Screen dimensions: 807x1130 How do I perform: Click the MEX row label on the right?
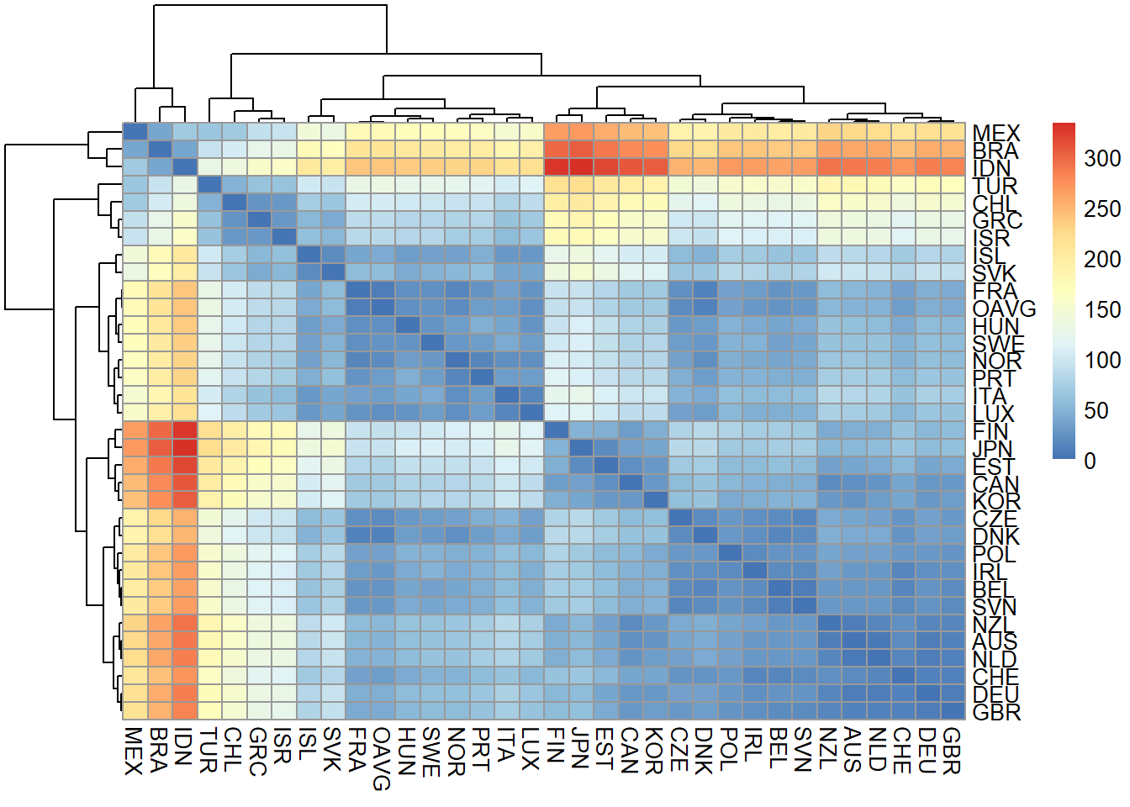pos(995,133)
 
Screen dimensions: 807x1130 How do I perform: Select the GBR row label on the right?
pos(996,712)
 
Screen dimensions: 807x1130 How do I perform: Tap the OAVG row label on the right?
pos(1004,309)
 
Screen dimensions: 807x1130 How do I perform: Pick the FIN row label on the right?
pos(990,430)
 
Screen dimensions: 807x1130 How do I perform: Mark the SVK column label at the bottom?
pos(332,750)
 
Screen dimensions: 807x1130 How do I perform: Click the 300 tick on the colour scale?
pos(1102,158)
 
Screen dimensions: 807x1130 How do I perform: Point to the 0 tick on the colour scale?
pos(1090,461)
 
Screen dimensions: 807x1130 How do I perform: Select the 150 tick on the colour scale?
pos(1102,309)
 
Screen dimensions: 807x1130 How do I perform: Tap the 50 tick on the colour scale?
pos(1096,410)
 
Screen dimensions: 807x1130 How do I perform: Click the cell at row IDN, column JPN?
pos(581,166)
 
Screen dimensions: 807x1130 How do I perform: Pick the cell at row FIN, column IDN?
pos(184,430)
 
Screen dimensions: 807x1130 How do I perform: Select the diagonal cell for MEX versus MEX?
pos(135,131)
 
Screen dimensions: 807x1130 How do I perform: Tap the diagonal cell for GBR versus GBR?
pos(953,711)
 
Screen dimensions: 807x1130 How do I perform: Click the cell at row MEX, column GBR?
pos(953,131)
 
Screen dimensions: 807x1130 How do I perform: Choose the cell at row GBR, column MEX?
pos(135,711)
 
